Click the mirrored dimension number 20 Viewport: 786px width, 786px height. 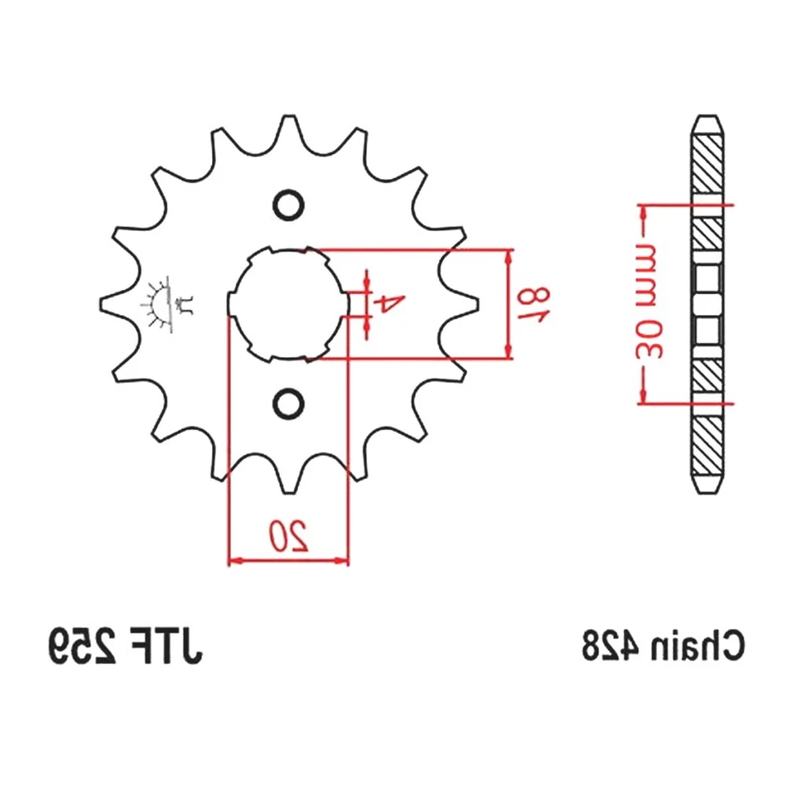click(288, 535)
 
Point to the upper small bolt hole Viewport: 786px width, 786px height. click(287, 205)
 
